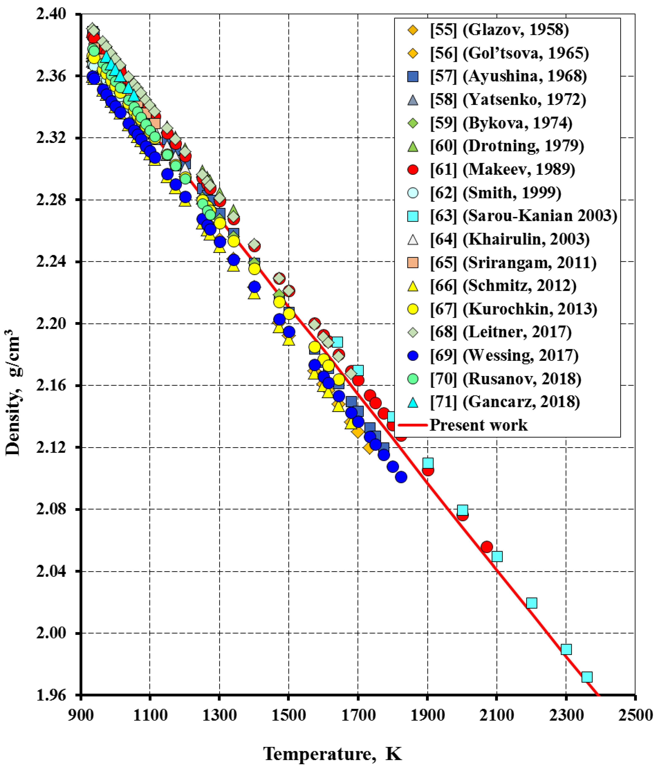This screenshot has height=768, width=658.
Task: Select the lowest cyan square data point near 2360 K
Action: coord(587,677)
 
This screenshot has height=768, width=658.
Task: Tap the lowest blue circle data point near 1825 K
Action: coord(401,477)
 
